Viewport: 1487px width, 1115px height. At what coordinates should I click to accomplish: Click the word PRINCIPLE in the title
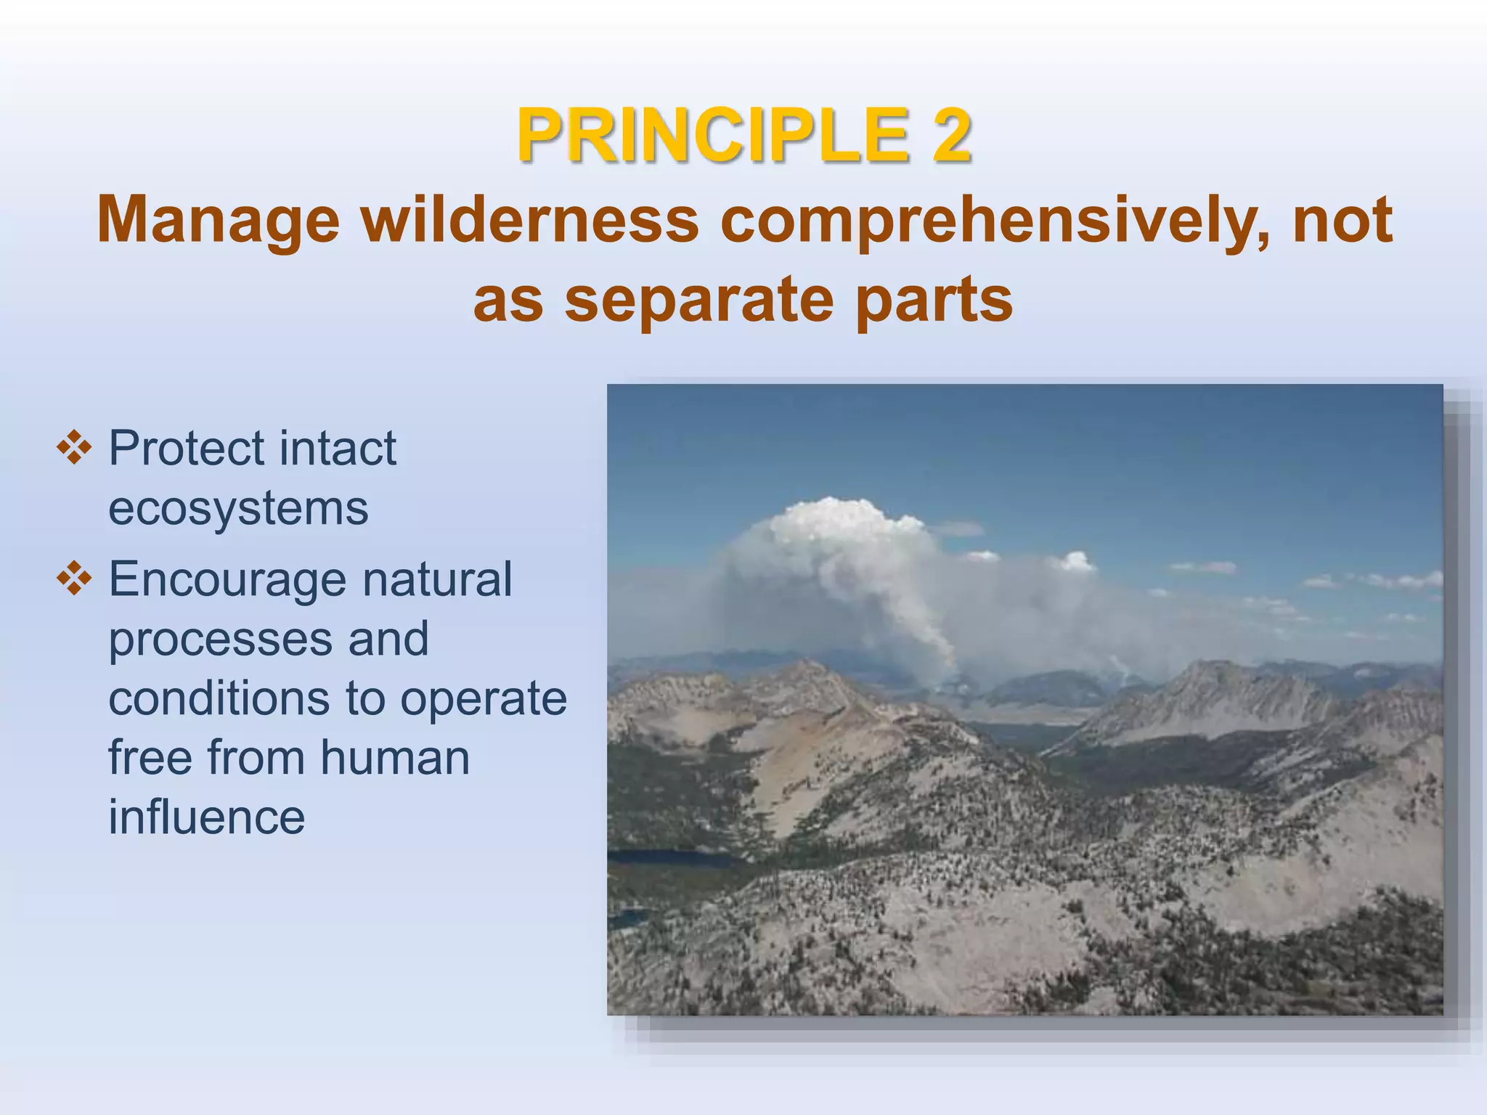coord(712,136)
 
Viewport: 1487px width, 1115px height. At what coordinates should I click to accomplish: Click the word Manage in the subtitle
coord(218,220)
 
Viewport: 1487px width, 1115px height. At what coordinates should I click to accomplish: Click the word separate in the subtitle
coord(699,300)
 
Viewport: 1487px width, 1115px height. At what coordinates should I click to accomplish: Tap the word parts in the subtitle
coord(934,300)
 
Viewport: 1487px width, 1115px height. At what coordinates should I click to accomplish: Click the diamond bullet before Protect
coord(74,448)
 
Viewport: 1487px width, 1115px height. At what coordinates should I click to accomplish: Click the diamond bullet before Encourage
coord(74,579)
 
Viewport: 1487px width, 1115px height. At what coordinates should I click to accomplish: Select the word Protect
coord(186,448)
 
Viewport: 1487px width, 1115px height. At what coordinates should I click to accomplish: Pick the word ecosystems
coord(238,507)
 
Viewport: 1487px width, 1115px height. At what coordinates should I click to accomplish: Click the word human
coord(395,758)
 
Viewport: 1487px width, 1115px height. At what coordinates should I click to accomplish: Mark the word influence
coord(207,817)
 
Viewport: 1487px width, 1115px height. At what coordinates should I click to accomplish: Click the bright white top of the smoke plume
coord(835,519)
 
